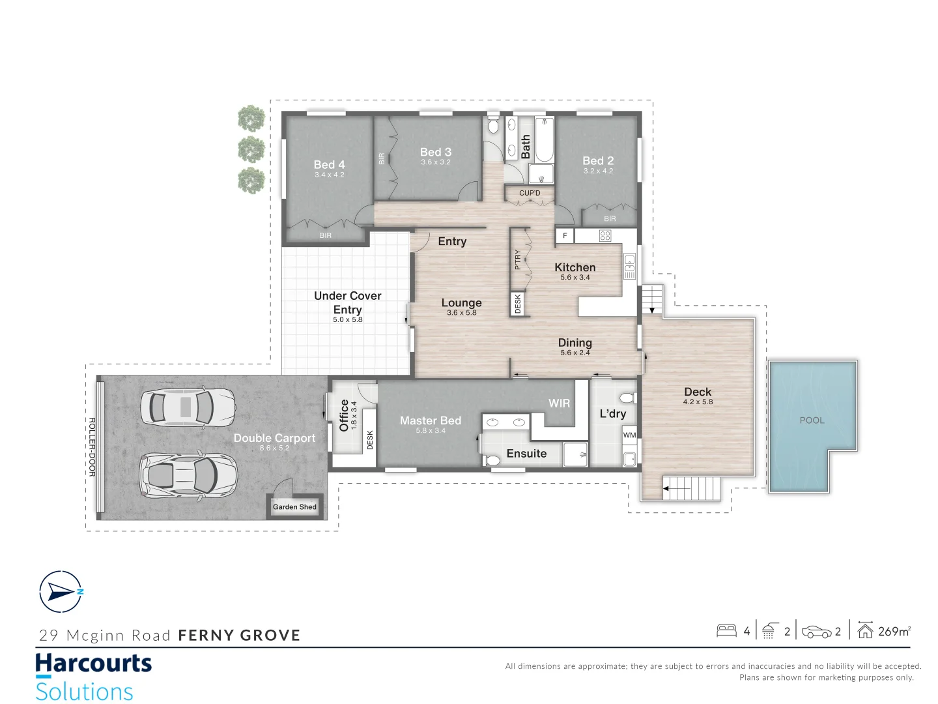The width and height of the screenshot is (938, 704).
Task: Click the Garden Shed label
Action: (x=294, y=506)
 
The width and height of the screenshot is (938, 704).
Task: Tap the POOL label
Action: (x=812, y=420)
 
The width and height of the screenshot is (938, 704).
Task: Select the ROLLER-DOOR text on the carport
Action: (x=92, y=447)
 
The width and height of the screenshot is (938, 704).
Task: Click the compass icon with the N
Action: (x=61, y=592)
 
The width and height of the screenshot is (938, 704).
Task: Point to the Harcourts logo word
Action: (x=93, y=664)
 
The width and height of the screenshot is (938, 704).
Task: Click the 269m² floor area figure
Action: (x=894, y=631)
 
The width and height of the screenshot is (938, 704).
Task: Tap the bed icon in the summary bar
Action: (x=726, y=631)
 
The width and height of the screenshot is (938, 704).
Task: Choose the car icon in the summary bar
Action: (x=816, y=632)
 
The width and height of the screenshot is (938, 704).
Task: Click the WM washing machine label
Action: (x=629, y=435)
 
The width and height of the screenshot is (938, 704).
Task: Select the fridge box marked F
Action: (x=565, y=236)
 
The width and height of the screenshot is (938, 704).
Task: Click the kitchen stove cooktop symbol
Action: (x=605, y=236)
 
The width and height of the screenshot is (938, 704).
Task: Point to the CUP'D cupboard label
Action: (x=530, y=193)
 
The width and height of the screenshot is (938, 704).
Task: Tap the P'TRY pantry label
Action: (x=518, y=259)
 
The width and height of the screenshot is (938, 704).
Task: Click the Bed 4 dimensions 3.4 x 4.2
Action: (x=329, y=175)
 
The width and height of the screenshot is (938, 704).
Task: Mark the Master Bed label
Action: (x=430, y=420)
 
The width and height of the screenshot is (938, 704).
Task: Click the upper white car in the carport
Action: (x=188, y=407)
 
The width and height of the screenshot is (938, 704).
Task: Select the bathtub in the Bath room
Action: (x=545, y=140)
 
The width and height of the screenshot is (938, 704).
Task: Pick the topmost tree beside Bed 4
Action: (x=251, y=119)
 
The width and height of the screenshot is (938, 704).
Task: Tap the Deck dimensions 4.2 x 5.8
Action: (x=698, y=402)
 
